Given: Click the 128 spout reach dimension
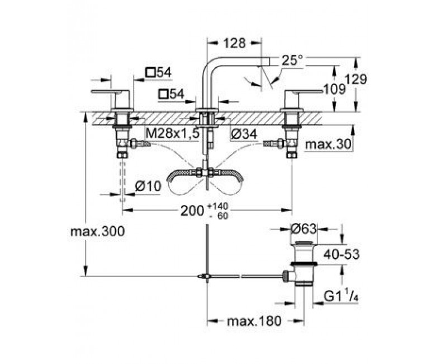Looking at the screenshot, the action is pyautogui.click(x=234, y=43).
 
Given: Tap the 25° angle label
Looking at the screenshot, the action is pyautogui.click(x=292, y=60).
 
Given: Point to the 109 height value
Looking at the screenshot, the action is pyautogui.click(x=335, y=89).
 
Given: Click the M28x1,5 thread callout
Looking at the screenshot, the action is pyautogui.click(x=173, y=134).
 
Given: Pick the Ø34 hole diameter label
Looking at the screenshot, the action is pyautogui.click(x=244, y=134).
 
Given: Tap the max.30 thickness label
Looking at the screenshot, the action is pyautogui.click(x=328, y=144).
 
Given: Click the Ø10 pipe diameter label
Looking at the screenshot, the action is pyautogui.click(x=148, y=186).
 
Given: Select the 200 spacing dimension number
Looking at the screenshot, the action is pyautogui.click(x=192, y=211).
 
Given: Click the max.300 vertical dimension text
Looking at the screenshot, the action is pyautogui.click(x=97, y=231).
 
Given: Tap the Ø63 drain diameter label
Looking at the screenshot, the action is pyautogui.click(x=304, y=229).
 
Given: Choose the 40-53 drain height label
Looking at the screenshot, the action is pyautogui.click(x=342, y=254).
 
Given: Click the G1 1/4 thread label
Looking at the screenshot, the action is pyautogui.click(x=341, y=296).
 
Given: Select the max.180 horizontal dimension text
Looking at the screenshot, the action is pyautogui.click(x=254, y=321).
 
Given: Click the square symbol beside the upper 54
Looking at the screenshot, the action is pyautogui.click(x=150, y=73).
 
